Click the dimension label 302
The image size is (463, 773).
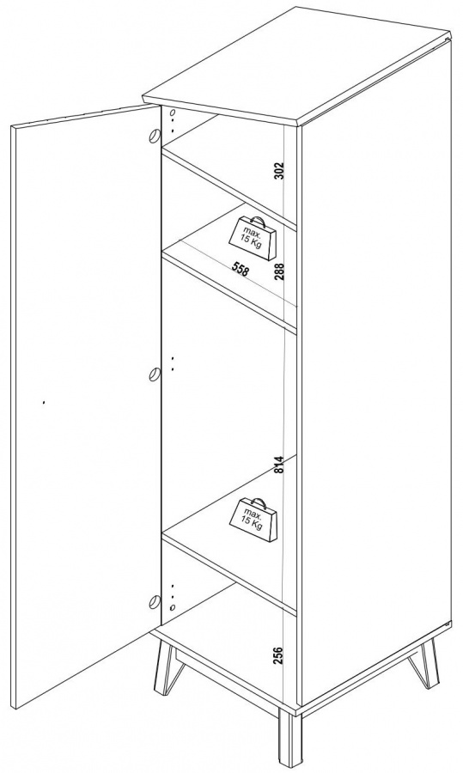[x=279, y=172]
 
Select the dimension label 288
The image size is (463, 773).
[x=279, y=271]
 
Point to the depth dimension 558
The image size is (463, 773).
[x=241, y=269]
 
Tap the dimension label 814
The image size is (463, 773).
[x=279, y=465]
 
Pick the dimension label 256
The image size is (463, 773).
[x=278, y=655]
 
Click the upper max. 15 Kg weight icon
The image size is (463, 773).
[x=253, y=238]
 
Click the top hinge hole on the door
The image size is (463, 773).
[x=154, y=136]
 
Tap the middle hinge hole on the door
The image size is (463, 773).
[x=154, y=374]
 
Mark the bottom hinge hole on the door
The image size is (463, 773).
[x=154, y=601]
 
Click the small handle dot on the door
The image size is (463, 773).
[x=44, y=403]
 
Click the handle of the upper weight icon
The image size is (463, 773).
[x=256, y=221]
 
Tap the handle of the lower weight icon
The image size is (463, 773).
[x=257, y=502]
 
